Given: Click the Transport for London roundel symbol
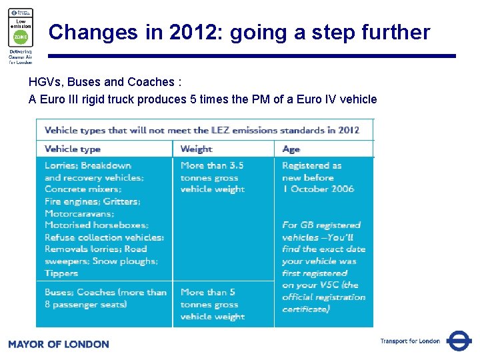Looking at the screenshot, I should tap(459, 341).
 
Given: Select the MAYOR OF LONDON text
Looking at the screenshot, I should tap(59, 344).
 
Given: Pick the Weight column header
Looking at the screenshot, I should tap(196, 149).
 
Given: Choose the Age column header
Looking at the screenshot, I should tap(291, 149).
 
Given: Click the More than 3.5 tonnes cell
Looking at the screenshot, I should tap(212, 177).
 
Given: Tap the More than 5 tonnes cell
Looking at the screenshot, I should tap(212, 304).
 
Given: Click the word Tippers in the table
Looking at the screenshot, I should tap(61, 273).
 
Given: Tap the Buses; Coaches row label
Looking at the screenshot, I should tap(105, 298).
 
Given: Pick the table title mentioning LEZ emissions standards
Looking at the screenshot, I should tap(202, 130).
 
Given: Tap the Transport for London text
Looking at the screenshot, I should tap(410, 341).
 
